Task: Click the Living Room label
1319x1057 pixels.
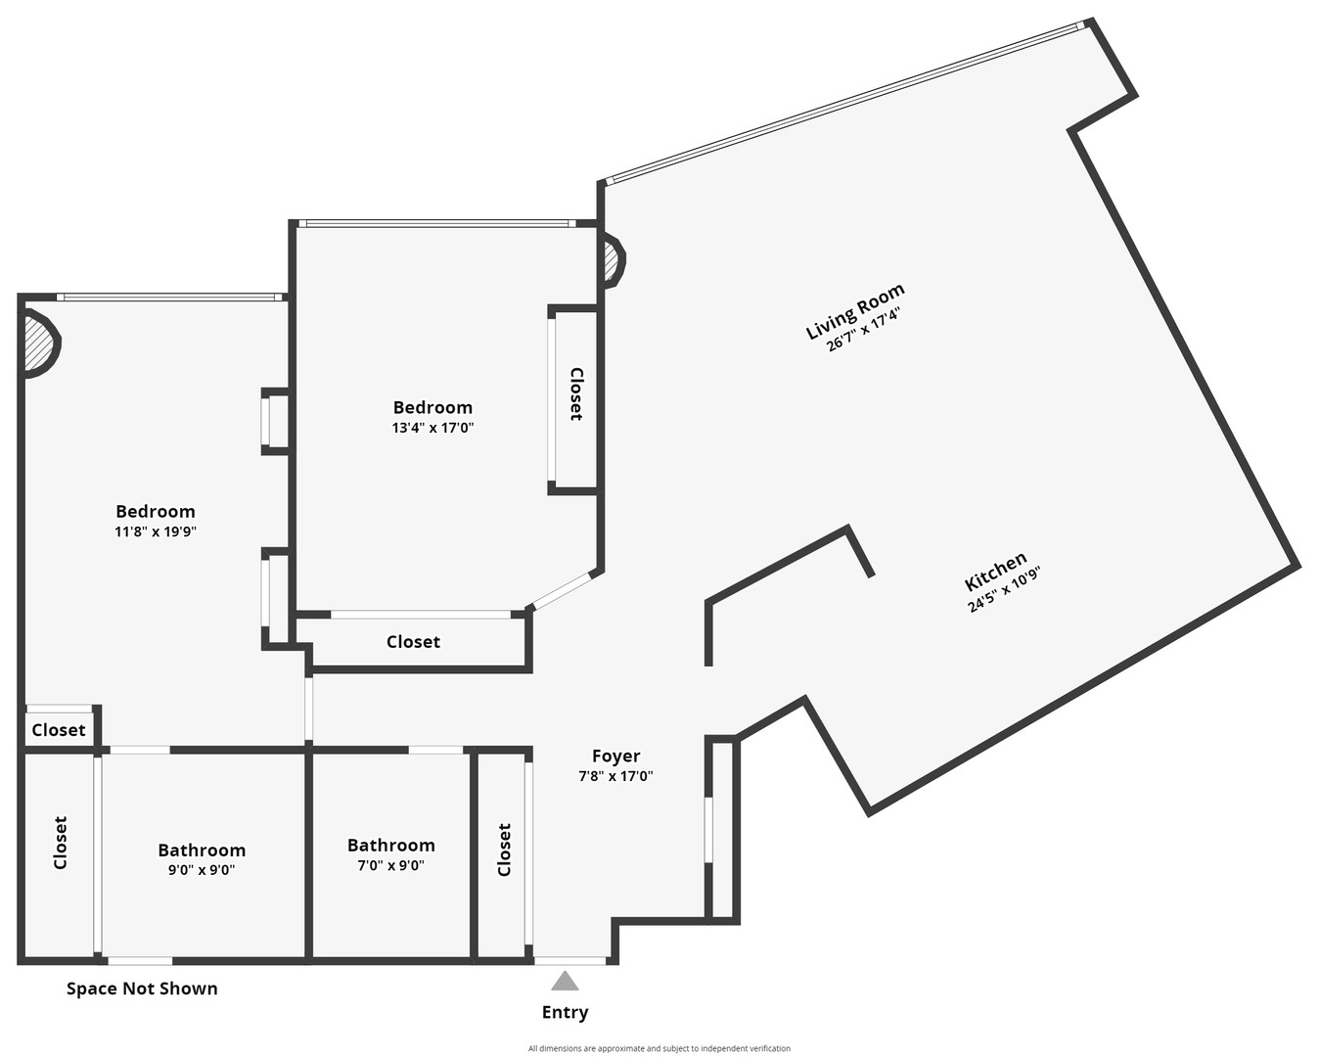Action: click(854, 311)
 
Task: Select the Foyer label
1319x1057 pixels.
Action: click(615, 756)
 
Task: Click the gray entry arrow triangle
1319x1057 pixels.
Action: click(565, 982)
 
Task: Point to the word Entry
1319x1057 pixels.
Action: click(565, 1012)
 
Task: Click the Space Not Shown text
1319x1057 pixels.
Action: click(142, 988)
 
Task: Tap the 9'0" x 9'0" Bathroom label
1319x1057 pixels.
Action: click(202, 850)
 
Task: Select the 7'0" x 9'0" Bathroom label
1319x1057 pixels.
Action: click(390, 846)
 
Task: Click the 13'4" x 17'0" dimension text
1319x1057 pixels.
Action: click(432, 428)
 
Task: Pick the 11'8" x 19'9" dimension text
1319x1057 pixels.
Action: click(156, 531)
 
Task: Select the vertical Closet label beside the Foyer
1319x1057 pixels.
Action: click(504, 850)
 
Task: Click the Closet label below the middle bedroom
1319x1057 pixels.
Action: click(413, 642)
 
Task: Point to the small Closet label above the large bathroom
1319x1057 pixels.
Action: click(58, 730)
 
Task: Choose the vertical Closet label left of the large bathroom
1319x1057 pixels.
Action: click(60, 843)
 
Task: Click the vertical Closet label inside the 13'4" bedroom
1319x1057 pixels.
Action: click(576, 394)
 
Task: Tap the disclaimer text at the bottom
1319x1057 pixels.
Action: click(659, 1048)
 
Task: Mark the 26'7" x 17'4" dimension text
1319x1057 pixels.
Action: click(863, 330)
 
